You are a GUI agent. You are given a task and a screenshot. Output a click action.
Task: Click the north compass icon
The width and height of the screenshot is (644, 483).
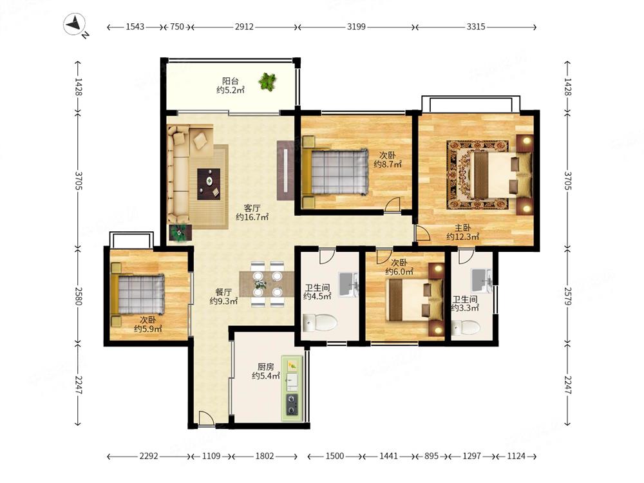(75, 24)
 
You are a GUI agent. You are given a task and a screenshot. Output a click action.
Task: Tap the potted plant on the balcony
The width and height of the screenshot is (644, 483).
(267, 81)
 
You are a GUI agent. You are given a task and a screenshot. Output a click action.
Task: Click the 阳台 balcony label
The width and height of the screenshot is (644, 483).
(230, 81)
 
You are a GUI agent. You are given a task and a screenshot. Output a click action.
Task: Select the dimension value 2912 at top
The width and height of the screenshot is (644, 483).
(244, 26)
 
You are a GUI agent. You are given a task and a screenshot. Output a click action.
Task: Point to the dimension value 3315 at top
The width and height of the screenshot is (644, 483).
(476, 26)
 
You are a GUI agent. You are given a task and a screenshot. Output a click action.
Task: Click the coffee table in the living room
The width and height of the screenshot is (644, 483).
(209, 184)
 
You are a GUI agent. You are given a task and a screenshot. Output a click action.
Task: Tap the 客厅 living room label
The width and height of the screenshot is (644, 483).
(251, 208)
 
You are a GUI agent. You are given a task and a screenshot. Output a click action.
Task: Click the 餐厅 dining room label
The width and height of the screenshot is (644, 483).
(223, 292)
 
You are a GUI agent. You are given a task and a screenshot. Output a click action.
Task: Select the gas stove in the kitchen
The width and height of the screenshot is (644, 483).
(292, 404)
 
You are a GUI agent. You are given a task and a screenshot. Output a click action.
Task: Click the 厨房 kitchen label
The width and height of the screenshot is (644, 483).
(266, 366)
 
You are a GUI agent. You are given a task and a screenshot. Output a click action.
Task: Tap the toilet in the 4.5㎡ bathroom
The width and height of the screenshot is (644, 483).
(319, 323)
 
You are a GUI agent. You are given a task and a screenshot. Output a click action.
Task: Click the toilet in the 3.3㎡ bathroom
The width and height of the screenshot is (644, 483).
(466, 328)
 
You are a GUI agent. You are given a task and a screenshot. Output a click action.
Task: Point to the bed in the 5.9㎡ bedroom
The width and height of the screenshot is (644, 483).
(138, 294)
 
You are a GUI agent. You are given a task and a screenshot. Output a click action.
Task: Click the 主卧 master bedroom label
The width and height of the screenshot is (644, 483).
(462, 228)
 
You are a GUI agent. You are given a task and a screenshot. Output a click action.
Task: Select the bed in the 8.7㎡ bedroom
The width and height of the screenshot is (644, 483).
(335, 172)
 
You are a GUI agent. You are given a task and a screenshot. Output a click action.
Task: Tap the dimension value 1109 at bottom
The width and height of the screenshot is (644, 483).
(211, 456)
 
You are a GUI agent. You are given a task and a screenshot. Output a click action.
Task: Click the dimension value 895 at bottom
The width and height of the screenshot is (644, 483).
(431, 456)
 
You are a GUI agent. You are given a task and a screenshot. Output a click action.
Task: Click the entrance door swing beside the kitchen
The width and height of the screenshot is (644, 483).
(205, 419)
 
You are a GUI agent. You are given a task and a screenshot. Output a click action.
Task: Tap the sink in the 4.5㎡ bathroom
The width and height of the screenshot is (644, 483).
(348, 284)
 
